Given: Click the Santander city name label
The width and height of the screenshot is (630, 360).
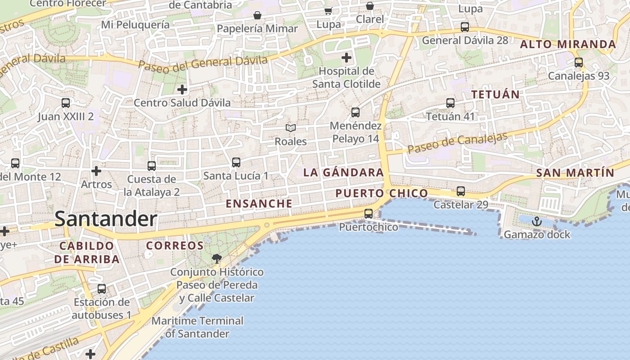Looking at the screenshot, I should point(106,219).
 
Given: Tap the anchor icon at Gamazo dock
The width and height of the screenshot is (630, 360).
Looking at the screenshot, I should point(536,221).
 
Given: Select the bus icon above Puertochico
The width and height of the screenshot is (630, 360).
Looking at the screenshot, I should point(369,214).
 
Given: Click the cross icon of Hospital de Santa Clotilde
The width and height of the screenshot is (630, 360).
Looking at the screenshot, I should point(346,58).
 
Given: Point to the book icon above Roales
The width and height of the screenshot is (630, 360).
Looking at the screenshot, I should point(291,128).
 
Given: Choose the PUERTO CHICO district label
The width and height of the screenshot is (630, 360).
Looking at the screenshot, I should point(382,193).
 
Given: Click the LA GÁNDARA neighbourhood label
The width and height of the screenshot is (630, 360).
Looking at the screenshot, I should point(343,172).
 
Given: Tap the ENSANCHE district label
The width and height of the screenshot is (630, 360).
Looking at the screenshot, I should point(259,203).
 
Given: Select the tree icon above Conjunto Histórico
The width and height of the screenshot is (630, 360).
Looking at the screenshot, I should point(217,258).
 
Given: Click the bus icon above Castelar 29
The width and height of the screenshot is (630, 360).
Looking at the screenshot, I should point(461,191).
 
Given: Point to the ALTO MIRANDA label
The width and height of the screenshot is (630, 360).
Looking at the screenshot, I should point(568,44).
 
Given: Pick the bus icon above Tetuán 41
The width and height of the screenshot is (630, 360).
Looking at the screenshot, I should point(450,103).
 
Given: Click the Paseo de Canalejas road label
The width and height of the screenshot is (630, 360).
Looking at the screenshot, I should point(458,143).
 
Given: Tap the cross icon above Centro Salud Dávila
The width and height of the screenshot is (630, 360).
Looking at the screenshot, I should point(182,90).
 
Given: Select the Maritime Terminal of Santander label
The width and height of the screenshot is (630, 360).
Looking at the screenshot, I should point(198,327).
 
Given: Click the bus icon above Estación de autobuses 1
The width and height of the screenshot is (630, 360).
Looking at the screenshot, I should point(102,289).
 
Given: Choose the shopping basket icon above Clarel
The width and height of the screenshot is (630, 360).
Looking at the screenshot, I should point(369,6).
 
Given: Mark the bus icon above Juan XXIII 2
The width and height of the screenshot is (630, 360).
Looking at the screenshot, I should point(66,103).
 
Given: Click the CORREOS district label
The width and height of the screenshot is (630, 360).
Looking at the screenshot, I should point(175,246).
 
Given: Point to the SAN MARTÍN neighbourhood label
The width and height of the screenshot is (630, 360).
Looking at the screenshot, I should point(575,173).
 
